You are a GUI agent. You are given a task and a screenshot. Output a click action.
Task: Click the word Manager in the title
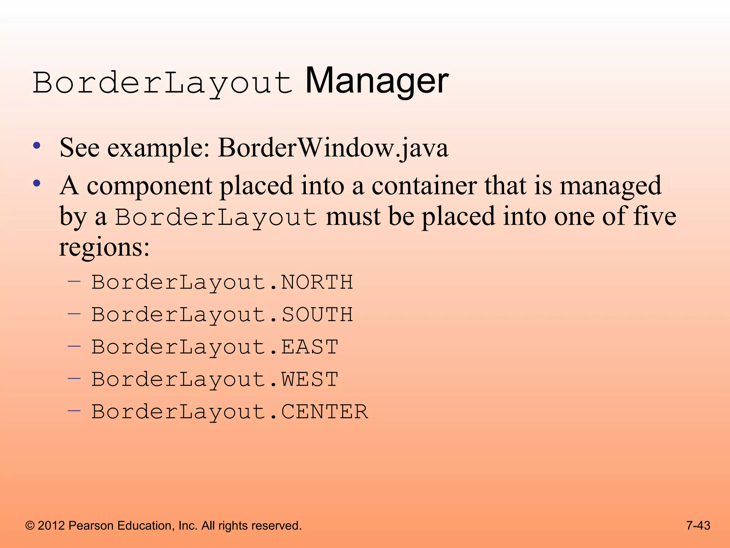[x=376, y=82]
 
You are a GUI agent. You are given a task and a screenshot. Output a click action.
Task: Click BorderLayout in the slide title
[x=163, y=83]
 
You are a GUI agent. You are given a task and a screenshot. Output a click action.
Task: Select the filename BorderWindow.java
[x=333, y=148]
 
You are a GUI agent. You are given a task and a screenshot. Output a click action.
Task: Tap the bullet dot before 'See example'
[x=37, y=146]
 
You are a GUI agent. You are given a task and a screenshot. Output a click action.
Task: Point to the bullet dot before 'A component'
[x=37, y=184]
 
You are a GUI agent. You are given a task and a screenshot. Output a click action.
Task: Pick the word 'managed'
[x=610, y=186]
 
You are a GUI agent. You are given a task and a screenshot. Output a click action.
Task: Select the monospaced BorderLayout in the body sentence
[x=216, y=217]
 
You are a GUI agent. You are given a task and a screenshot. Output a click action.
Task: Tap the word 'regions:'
[x=104, y=248]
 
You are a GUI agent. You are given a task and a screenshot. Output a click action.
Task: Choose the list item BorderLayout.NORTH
[x=222, y=282]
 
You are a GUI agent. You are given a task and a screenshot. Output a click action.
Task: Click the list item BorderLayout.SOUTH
[x=222, y=315]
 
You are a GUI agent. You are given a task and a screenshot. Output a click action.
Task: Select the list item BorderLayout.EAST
[x=215, y=347]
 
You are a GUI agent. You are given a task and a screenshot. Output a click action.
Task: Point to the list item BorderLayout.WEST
[x=215, y=379]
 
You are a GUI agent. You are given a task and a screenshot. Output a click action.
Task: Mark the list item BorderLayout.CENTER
[x=230, y=411]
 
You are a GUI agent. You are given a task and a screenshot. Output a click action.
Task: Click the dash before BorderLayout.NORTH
[x=74, y=281]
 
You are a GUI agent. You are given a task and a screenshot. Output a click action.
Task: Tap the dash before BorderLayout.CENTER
[x=74, y=410]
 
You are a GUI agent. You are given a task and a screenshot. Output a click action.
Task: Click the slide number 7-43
[x=698, y=526]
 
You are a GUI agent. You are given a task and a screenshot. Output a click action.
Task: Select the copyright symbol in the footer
[x=30, y=526]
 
